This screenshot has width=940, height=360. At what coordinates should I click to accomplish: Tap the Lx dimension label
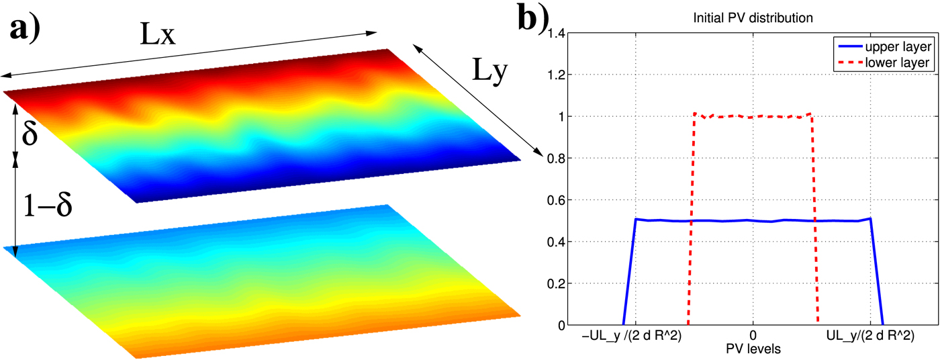point(158,35)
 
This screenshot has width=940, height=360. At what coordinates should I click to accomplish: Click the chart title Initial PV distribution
point(753,19)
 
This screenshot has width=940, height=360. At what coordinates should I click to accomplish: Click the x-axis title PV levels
point(753,349)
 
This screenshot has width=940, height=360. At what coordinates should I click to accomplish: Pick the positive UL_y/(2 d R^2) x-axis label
point(869,336)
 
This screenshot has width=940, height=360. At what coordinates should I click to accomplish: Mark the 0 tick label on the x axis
point(753,336)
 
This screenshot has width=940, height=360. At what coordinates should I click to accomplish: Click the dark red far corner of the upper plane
point(383,51)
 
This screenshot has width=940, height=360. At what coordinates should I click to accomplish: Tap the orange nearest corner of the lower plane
point(133,353)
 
